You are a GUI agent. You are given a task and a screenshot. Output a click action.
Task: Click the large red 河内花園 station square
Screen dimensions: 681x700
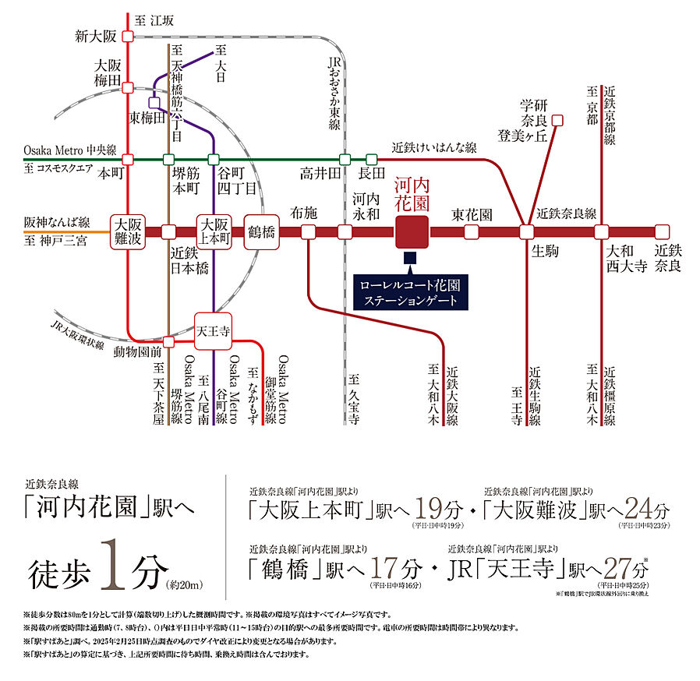(x=412, y=231)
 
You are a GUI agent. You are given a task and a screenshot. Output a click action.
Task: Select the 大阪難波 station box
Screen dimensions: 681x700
(x=126, y=231)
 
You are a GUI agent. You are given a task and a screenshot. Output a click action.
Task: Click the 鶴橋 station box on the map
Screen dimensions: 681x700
(x=261, y=231)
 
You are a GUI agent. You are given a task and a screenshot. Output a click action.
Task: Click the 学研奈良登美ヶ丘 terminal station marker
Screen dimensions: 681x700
(x=557, y=120)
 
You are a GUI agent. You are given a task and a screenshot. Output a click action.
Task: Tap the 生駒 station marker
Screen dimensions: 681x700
(x=526, y=231)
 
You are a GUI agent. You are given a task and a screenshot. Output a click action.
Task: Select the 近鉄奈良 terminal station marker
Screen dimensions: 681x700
(x=662, y=231)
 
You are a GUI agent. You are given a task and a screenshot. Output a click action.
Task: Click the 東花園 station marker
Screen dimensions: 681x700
(x=472, y=231)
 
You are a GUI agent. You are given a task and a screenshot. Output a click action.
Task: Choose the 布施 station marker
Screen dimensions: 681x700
(x=309, y=231)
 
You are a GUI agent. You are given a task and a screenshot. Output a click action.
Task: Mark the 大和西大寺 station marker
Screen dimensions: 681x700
(x=601, y=231)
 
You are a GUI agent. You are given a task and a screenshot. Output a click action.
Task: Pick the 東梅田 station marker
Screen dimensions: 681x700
(x=154, y=101)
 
